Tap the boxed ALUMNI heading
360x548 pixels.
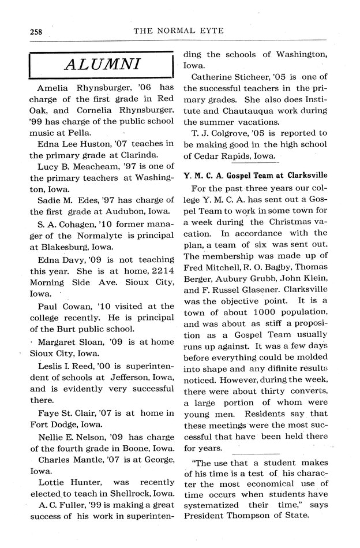coord(101,65)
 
